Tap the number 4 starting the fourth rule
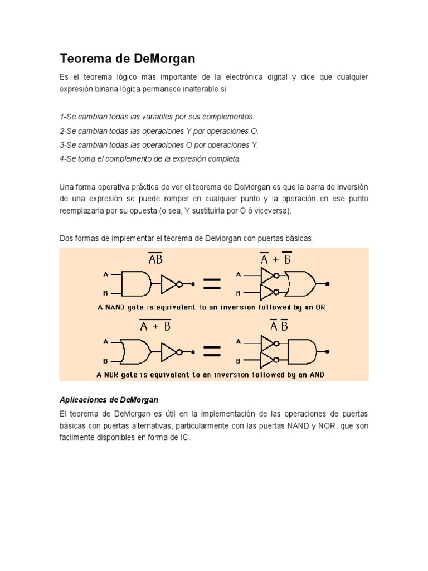pos(61,158)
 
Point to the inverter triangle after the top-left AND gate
pos(169,284)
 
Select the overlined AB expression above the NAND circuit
pos(155,260)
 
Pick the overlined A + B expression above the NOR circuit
pos(155,327)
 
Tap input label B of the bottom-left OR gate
pos(105,361)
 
